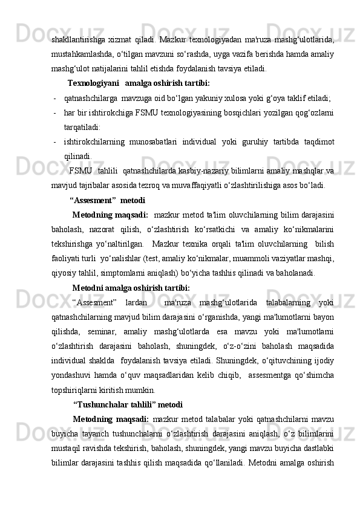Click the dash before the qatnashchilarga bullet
pyautogui.click(x=55, y=97)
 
